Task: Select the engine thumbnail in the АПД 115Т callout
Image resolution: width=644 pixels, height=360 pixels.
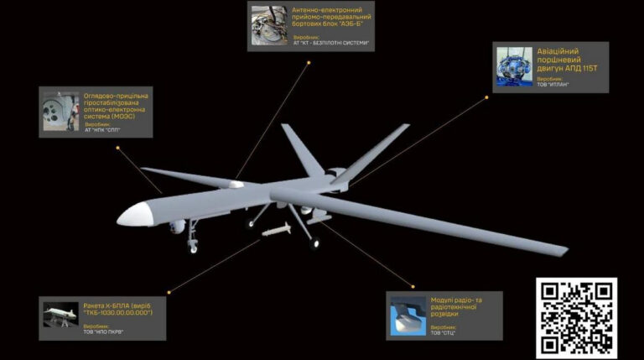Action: click(x=512, y=66)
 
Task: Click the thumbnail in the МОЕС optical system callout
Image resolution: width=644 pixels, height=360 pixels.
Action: click(x=60, y=111)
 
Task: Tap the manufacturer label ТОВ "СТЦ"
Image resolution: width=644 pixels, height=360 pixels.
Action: click(x=444, y=332)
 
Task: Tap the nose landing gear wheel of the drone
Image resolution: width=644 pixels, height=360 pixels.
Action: click(x=194, y=247)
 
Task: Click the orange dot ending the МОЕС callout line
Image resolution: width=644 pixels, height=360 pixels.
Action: click(x=118, y=148)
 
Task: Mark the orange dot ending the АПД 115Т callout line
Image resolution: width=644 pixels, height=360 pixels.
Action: click(x=487, y=97)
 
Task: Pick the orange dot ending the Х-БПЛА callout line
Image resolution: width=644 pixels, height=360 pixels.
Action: click(x=169, y=293)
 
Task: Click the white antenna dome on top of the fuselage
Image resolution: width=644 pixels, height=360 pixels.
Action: click(x=237, y=184)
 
